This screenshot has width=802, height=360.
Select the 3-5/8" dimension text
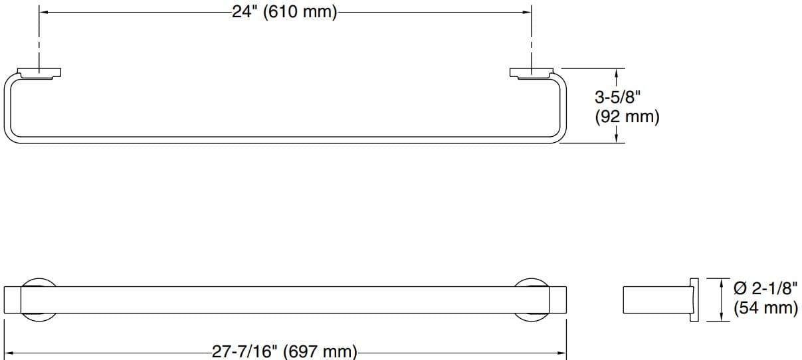617,98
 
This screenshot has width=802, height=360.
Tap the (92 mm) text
627,118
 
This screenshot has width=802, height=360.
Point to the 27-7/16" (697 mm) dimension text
285,351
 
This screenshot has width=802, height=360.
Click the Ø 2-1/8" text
764,289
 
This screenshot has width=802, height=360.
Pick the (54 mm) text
765,308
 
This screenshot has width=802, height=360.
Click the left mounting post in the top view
39,72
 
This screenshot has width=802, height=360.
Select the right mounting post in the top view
531,72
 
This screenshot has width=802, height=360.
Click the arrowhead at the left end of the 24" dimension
43,11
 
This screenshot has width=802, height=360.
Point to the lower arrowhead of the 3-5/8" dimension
618,138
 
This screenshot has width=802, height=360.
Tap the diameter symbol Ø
738,289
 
